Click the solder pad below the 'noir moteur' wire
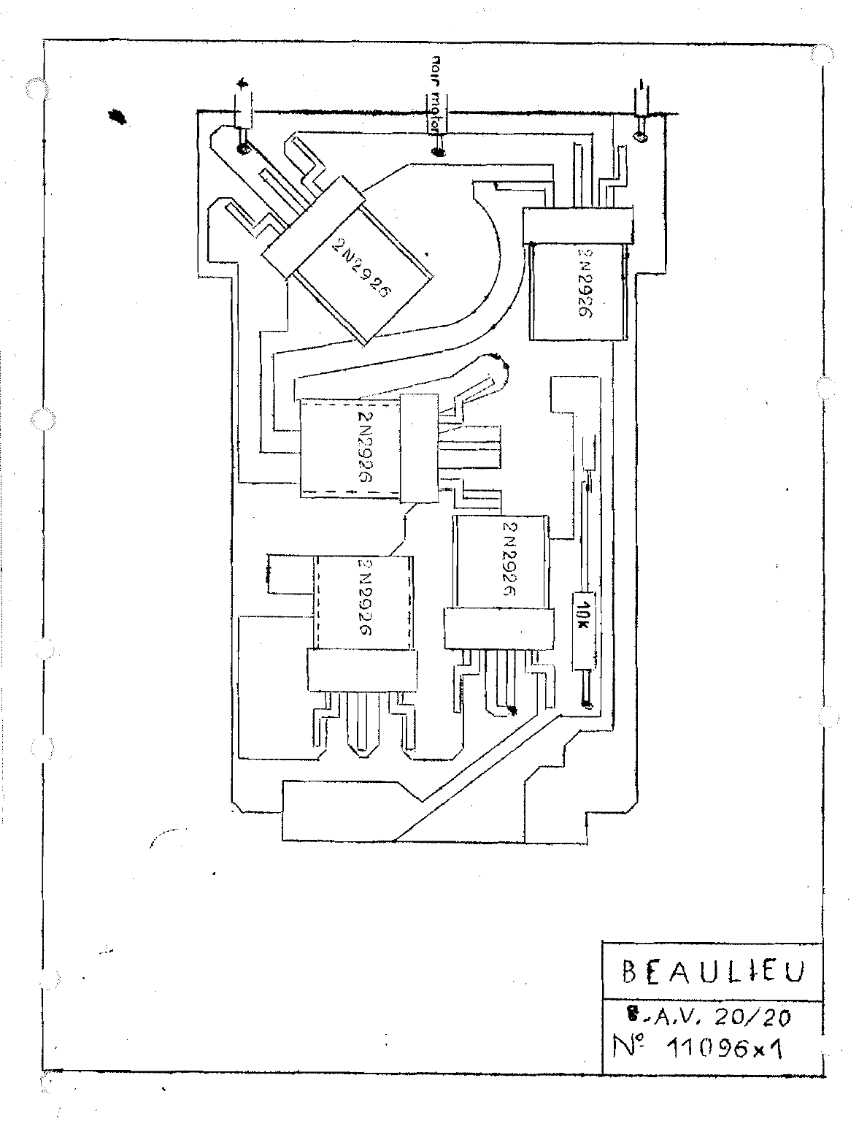coord(437,152)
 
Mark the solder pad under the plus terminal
coord(243,150)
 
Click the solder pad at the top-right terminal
coord(641,137)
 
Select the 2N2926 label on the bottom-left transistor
coord(366,597)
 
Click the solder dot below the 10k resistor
coord(585,704)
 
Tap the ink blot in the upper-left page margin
coord(117,115)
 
